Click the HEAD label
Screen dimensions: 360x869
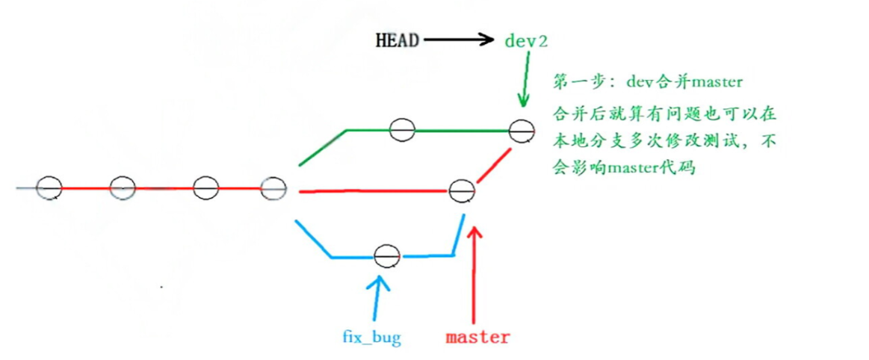point(397,40)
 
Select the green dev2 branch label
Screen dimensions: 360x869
point(526,40)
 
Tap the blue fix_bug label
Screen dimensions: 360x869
point(371,338)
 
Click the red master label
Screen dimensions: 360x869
point(477,337)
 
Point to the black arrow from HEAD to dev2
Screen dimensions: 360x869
point(459,40)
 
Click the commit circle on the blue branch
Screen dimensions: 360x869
point(386,256)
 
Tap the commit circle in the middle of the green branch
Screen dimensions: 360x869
point(401,129)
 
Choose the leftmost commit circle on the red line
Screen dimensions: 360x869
point(49,187)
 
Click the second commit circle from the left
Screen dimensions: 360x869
point(122,187)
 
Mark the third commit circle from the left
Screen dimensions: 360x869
point(205,187)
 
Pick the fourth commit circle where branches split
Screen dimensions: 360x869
point(273,188)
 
